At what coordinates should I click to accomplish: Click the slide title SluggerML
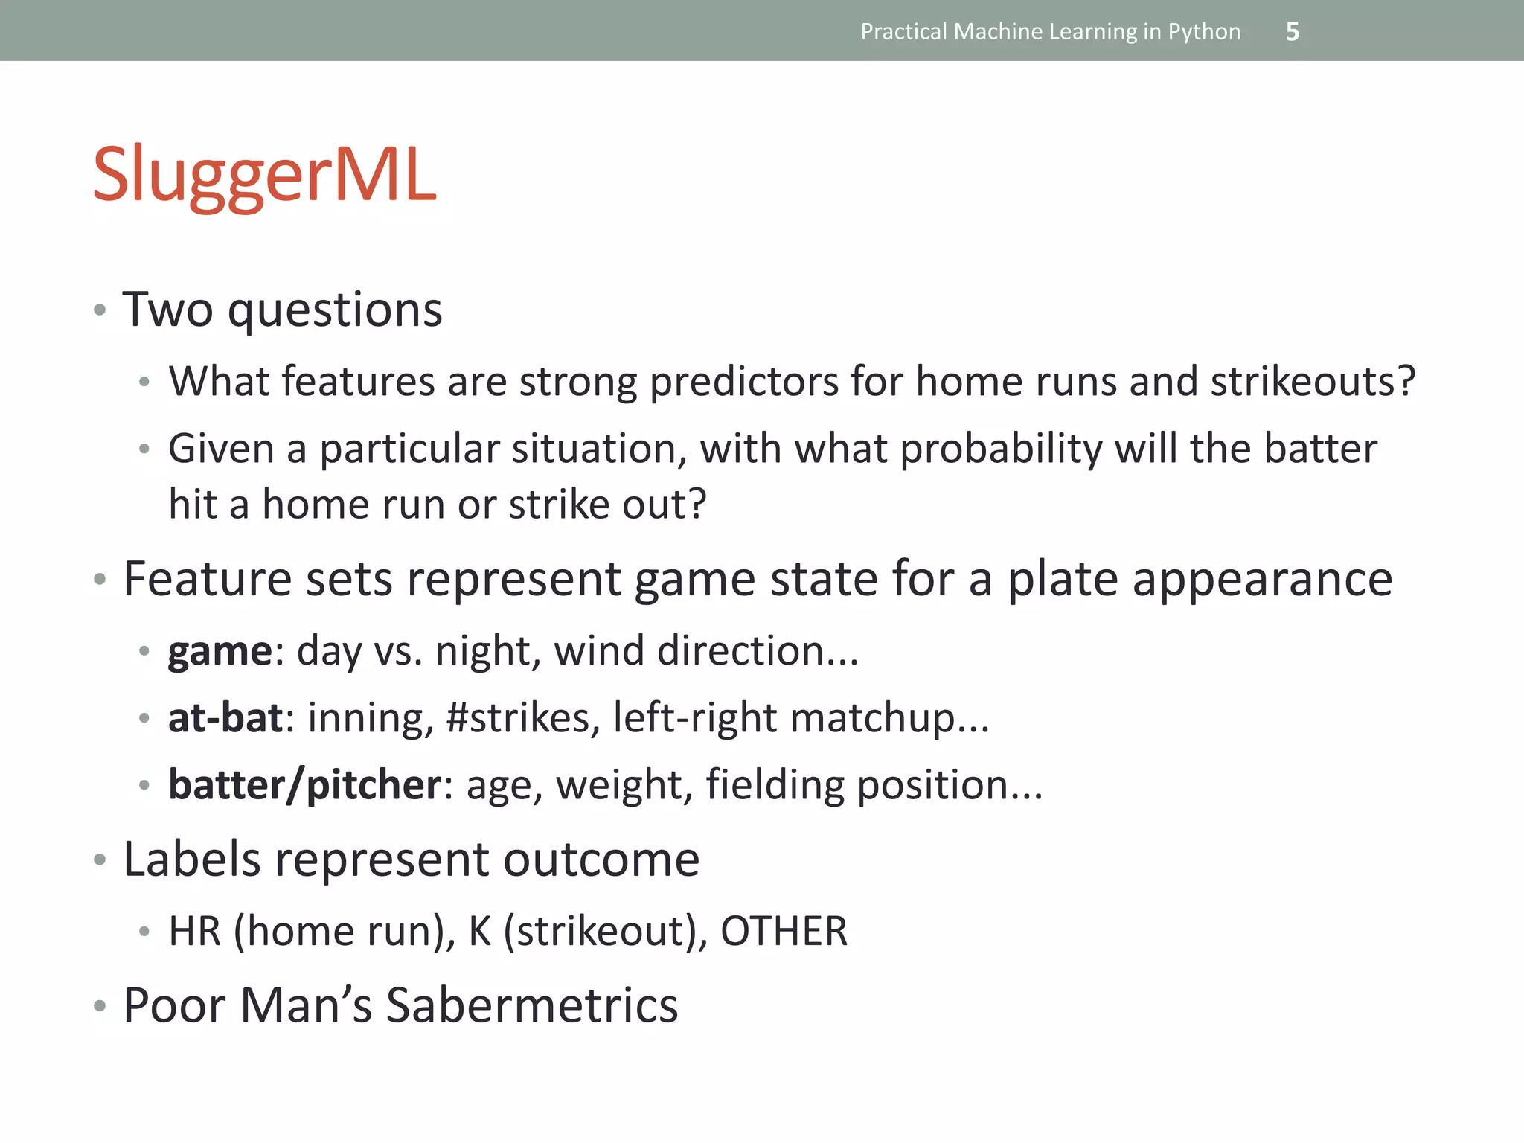point(264,176)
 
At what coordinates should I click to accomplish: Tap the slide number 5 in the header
point(1293,31)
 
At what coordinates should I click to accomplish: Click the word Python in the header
point(1204,31)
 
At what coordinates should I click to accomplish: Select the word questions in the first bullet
point(335,310)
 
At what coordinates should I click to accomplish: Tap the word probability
point(1001,449)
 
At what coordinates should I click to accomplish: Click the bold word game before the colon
point(220,652)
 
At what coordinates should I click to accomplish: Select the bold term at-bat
point(225,718)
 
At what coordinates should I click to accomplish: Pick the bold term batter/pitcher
point(305,785)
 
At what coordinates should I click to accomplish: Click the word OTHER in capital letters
point(784,932)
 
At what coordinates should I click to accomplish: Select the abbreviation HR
point(195,932)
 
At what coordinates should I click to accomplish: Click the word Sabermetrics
point(531,1006)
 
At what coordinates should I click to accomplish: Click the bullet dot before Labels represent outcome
point(100,861)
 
